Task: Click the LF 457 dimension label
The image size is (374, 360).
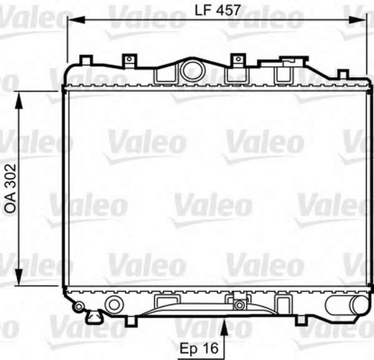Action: [218, 10]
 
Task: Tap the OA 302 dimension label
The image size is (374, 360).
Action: [11, 188]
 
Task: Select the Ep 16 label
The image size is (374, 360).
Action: [199, 348]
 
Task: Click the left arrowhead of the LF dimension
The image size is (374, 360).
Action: [76, 20]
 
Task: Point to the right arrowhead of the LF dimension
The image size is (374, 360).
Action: [357, 20]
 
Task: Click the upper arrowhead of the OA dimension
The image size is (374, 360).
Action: [19, 100]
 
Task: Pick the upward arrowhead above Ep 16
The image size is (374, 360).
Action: [224, 328]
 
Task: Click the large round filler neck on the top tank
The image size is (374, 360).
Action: [193, 70]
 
